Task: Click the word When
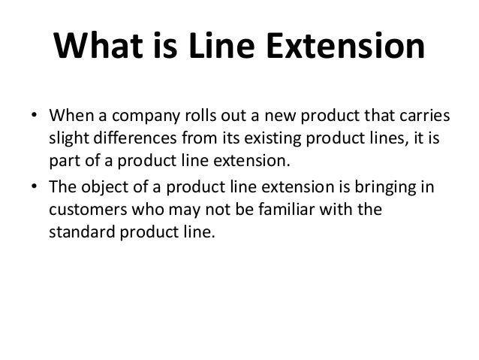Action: tap(69, 118)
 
